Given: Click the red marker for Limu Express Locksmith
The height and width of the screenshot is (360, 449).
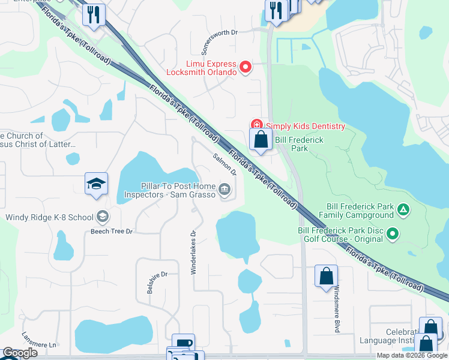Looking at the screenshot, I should (245, 68).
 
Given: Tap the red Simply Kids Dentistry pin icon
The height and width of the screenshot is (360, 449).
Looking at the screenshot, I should (256, 125).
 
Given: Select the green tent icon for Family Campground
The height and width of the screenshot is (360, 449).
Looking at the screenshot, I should (404, 209).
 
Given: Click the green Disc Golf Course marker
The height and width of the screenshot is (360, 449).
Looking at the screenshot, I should (393, 233).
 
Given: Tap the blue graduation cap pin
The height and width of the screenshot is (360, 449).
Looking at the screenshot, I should (96, 184).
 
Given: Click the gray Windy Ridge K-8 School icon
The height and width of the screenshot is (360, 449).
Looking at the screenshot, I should (102, 217).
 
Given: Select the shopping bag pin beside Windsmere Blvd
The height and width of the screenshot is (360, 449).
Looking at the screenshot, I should (326, 276).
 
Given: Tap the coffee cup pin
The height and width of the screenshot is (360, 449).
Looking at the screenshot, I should (183, 343).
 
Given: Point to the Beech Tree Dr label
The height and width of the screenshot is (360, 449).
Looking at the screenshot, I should (112, 230).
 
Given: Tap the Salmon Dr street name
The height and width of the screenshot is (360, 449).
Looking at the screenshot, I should (225, 163).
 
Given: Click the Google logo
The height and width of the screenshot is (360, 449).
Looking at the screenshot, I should (20, 353).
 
